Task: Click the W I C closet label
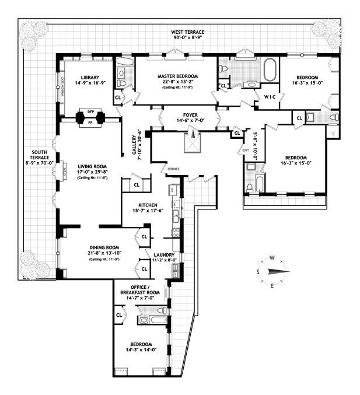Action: pyautogui.click(x=270, y=96)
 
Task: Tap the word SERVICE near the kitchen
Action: pyautogui.click(x=173, y=169)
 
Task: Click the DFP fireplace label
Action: pyautogui.click(x=90, y=111)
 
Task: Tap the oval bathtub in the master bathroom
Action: pyautogui.click(x=270, y=69)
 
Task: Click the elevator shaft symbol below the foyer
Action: pyautogui.click(x=192, y=142)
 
